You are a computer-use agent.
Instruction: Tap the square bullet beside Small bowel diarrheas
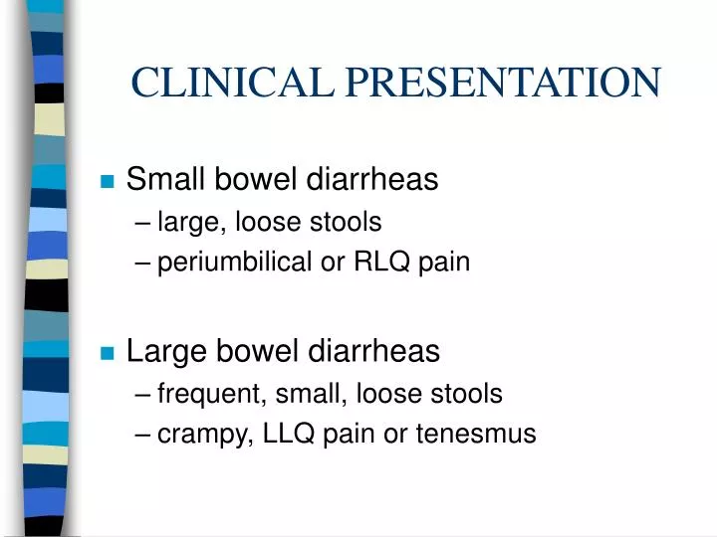pos(108,182)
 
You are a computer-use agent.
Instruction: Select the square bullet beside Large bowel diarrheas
pos(108,353)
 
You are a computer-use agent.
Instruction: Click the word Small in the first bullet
pos(160,180)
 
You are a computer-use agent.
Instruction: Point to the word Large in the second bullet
pos(162,351)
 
